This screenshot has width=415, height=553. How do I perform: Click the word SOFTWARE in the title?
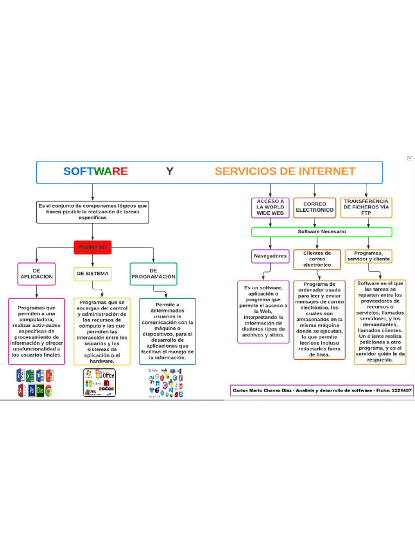(96, 172)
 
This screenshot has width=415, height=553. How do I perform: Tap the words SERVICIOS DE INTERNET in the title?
(285, 172)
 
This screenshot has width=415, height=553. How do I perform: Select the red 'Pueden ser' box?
(92, 247)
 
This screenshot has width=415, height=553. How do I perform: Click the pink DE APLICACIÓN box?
(37, 273)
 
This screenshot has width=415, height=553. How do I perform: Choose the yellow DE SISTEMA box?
(92, 274)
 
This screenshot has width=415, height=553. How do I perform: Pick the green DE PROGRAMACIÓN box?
(153, 273)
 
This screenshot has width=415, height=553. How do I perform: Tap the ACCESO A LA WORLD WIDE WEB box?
(270, 207)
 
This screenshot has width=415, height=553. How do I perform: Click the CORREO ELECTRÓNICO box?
(314, 207)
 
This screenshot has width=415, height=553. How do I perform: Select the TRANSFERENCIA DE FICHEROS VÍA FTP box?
(366, 207)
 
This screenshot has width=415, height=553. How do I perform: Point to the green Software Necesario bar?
(322, 232)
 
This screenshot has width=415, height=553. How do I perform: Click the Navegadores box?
(270, 255)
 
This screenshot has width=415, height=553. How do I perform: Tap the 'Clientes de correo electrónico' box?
(317, 259)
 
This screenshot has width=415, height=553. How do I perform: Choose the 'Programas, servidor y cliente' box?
(368, 256)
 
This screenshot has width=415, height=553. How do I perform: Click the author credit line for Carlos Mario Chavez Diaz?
(322, 390)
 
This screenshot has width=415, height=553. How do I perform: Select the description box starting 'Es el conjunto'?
(92, 212)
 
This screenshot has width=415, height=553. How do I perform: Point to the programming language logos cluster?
(165, 383)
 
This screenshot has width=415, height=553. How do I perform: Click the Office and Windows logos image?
(99, 383)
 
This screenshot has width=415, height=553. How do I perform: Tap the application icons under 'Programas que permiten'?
(35, 383)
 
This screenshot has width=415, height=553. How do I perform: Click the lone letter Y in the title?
(170, 172)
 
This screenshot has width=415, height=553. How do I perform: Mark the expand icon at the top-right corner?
(410, 158)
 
